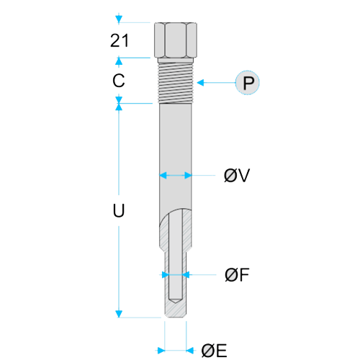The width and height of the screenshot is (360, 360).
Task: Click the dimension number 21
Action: [120, 40]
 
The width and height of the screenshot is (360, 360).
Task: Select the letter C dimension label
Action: [119, 81]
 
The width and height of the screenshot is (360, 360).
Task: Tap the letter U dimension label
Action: [119, 210]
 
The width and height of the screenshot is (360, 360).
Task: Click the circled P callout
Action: [248, 83]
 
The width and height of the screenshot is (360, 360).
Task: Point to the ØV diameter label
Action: [237, 175]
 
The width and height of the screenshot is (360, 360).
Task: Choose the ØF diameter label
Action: [237, 274]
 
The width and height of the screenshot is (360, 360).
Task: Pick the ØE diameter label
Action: [214, 351]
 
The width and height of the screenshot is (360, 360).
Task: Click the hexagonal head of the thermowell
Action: [176, 40]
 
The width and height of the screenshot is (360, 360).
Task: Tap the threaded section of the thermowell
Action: [176, 81]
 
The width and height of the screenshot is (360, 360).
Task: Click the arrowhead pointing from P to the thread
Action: [200, 83]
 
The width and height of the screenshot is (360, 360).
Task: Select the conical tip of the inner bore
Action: [176, 301]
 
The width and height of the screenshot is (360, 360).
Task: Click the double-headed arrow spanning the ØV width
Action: [176, 175]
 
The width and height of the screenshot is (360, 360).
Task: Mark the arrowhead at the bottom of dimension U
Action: [119, 314]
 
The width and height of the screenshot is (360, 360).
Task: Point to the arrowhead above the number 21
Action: [119, 19]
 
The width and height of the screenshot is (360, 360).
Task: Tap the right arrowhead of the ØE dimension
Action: [190, 351]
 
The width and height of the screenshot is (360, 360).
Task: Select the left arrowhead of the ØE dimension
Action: [161, 351]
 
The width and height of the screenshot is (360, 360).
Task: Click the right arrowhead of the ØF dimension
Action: [186, 274]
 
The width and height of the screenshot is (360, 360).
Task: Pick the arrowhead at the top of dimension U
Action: [119, 107]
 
